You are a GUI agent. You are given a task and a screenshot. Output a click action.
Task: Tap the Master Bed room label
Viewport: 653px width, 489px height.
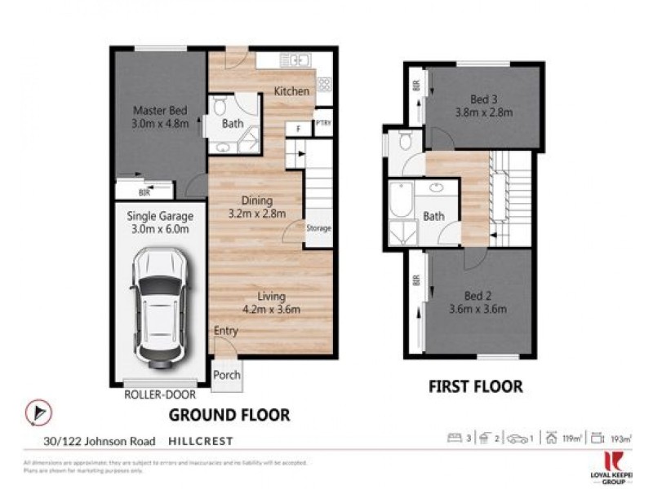pos(161,111)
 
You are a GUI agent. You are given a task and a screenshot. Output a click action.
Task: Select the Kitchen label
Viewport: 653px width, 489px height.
pos(291,91)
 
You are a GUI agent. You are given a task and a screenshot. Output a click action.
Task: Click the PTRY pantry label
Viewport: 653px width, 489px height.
pos(323,121)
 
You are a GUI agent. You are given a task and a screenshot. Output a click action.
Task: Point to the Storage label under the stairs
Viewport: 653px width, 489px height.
pos(318,228)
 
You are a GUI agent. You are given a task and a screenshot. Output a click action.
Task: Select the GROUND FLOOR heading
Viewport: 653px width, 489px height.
pos(229,415)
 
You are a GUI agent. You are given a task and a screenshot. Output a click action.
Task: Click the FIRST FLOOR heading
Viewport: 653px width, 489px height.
pos(476,386)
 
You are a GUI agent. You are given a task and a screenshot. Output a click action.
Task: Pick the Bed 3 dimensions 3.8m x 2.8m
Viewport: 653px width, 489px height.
pos(484,112)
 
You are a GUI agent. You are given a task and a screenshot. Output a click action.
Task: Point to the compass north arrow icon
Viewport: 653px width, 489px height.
pos(35,413)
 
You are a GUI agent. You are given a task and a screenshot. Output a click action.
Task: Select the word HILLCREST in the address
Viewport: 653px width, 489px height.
pos(201,441)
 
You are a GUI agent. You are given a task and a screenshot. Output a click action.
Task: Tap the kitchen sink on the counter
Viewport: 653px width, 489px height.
pos(293,59)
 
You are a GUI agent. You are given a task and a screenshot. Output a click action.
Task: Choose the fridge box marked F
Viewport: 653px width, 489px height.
pos(300,128)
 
